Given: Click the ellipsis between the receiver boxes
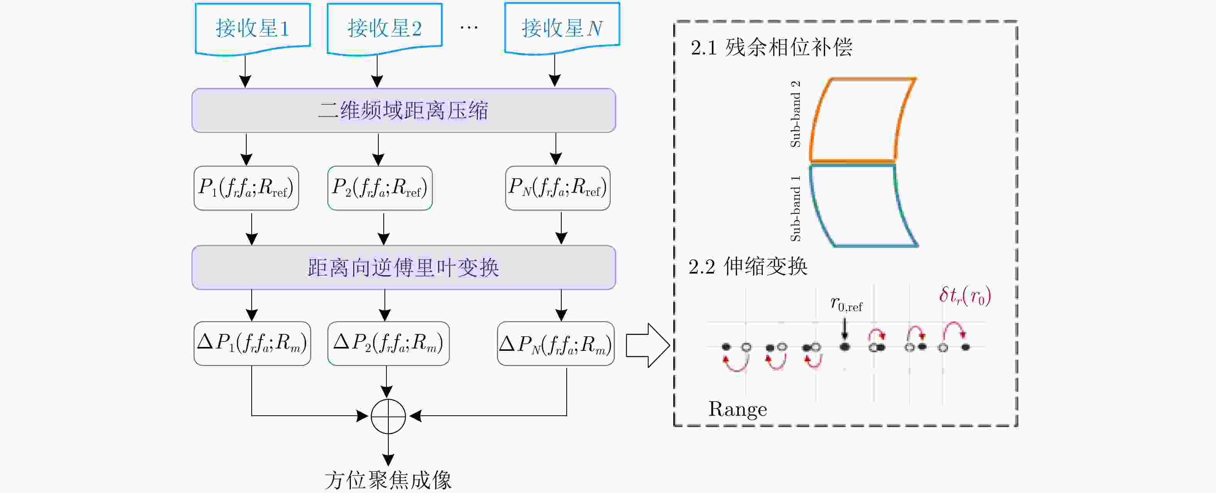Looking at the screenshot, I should tap(469, 28).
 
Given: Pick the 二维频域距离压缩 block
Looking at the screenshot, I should tap(404, 110).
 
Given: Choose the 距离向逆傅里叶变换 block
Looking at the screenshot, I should tap(404, 267).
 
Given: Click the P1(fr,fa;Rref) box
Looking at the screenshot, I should tap(246, 188).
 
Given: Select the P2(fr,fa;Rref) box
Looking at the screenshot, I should tap(379, 188).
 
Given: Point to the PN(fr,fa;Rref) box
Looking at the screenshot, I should tap(557, 188).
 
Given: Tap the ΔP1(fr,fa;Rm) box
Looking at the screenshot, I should tap(252, 343).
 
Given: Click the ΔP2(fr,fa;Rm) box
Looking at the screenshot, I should tap(388, 343).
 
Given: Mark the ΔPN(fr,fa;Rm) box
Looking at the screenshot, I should tap(555, 343).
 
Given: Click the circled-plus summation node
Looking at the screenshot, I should tap(388, 416).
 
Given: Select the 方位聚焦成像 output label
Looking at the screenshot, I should tap(388, 480).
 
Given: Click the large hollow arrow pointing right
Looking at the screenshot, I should tap(647, 345).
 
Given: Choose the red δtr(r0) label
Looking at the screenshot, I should tap(965, 296).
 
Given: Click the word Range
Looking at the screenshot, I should tap(737, 409).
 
